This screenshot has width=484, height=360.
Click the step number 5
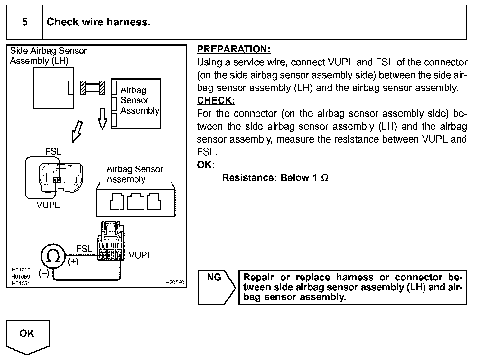(x=25, y=22)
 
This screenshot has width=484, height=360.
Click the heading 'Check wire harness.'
(x=98, y=22)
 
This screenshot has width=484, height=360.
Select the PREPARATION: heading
(x=234, y=49)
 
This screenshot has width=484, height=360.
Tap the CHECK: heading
(x=216, y=100)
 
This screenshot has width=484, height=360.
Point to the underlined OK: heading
(x=206, y=165)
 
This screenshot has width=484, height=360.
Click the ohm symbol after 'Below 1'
(x=325, y=178)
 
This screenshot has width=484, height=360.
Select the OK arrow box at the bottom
(x=27, y=336)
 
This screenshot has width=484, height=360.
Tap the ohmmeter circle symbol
(x=53, y=256)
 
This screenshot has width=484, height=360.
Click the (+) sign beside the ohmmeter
(x=73, y=262)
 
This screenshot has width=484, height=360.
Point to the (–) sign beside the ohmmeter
(x=44, y=273)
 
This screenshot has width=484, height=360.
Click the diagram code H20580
(x=175, y=282)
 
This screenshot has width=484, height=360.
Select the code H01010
(x=21, y=270)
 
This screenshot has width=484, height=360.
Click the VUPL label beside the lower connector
(x=140, y=255)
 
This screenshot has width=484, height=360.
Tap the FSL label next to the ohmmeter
(x=84, y=249)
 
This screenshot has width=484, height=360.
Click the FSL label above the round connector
(x=53, y=151)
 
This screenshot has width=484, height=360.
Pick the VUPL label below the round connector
(x=48, y=205)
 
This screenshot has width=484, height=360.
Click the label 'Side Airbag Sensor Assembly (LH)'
(x=48, y=56)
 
